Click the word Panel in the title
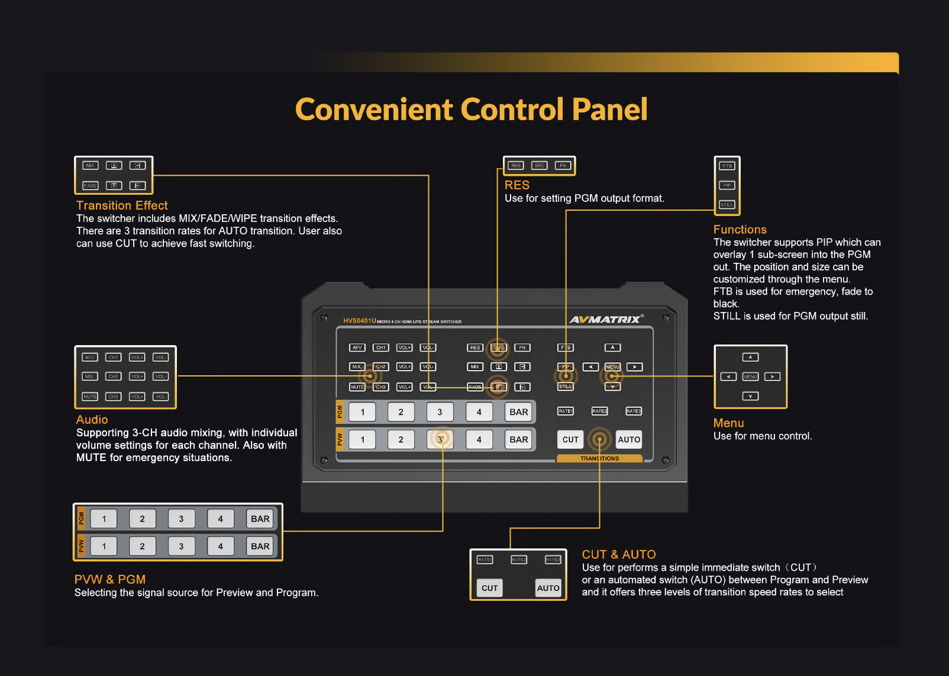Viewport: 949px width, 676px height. point(609,110)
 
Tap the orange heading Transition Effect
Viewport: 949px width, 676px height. point(122,205)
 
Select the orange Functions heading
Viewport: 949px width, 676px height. point(740,230)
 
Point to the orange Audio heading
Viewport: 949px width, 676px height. point(92,420)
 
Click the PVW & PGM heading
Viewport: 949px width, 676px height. point(110,580)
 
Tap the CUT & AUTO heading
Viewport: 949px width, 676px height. point(618,555)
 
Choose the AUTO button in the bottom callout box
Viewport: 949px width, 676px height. point(548,588)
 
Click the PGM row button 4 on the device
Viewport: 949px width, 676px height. point(479,412)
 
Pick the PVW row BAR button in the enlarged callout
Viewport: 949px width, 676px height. point(260,546)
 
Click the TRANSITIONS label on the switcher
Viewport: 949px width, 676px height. point(599,459)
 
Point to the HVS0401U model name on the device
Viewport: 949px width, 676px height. point(359,321)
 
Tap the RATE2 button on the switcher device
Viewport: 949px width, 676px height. point(599,411)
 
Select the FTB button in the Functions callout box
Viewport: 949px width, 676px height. point(727,166)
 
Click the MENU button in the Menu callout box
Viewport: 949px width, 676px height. point(750,376)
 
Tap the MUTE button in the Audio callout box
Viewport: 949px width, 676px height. point(90,397)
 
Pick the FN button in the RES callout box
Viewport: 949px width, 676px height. point(563,166)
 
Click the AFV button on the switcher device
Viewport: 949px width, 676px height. point(357,347)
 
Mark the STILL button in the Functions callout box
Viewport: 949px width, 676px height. point(727,205)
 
